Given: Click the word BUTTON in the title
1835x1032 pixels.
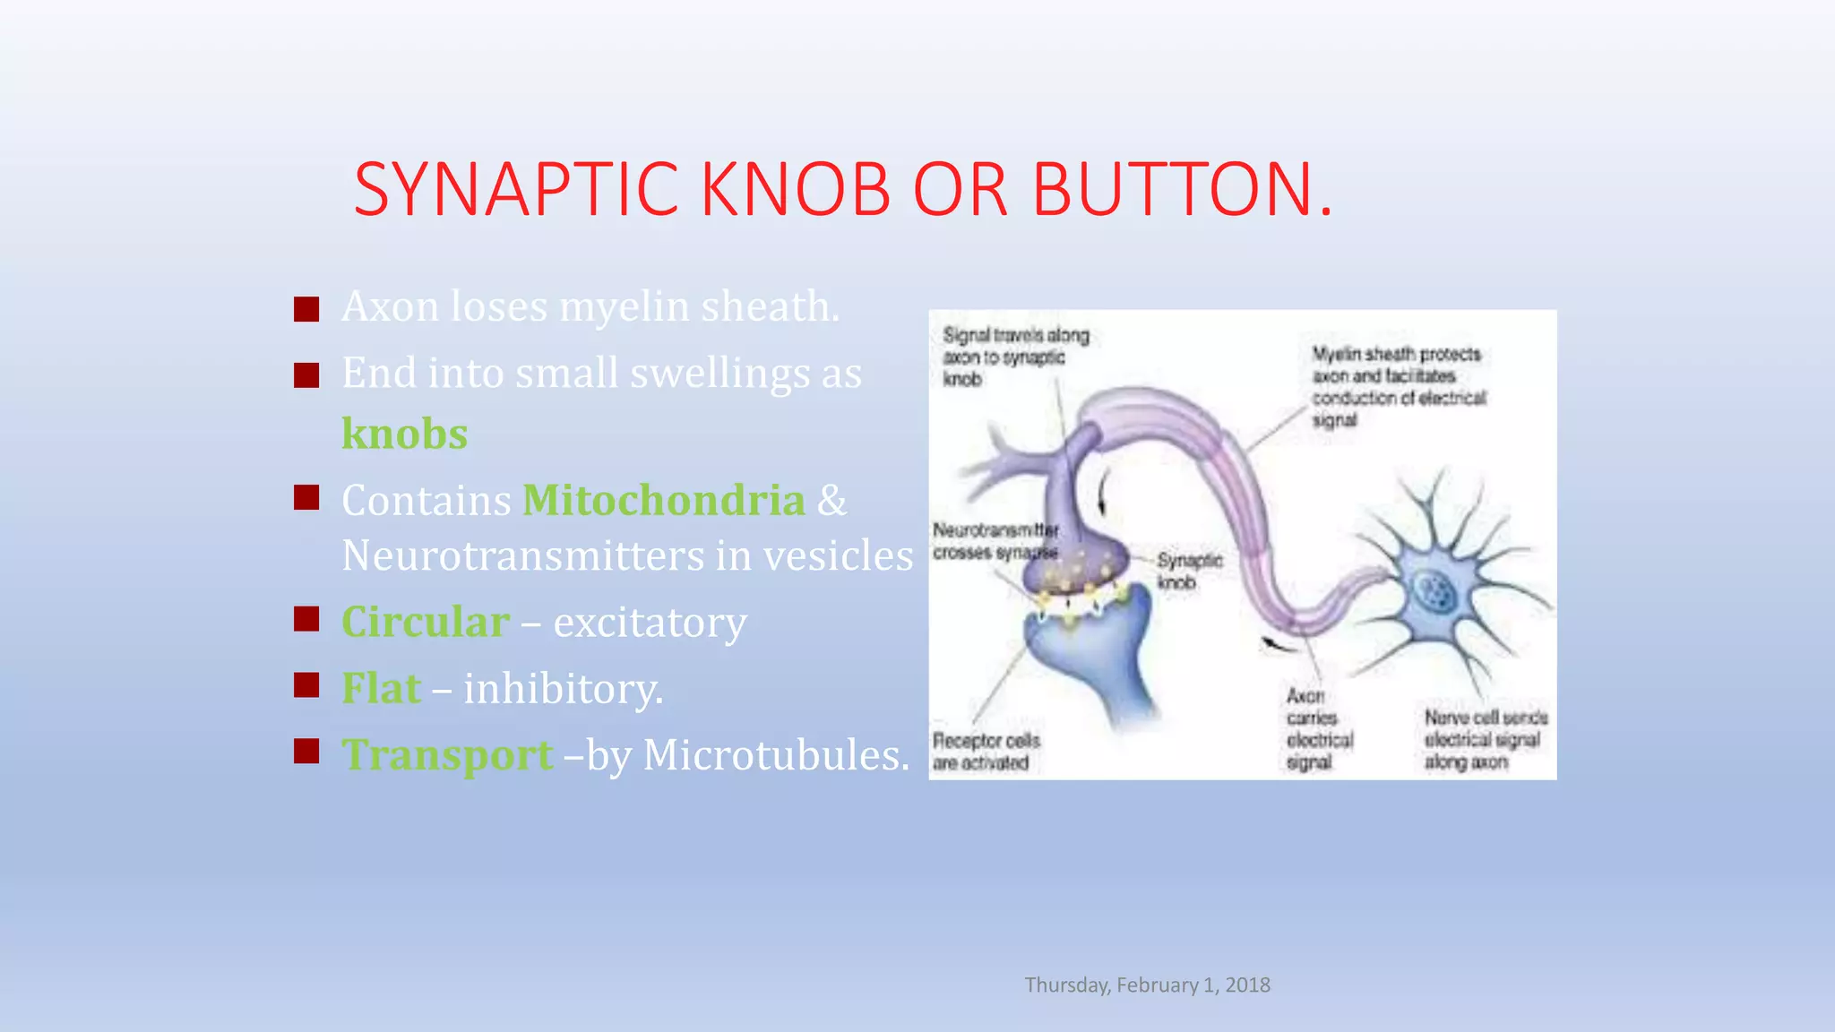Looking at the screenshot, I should point(1174,189).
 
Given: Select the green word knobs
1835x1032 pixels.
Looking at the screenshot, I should point(404,434).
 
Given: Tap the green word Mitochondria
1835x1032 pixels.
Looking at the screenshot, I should point(663,500).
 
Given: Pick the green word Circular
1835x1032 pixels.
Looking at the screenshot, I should point(426,622).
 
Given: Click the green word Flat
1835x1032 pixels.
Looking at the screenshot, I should point(381,688).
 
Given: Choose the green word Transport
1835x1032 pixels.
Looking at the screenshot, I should point(447,754).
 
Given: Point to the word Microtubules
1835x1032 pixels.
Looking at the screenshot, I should point(775,754).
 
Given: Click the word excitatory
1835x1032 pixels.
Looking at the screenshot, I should point(650,622).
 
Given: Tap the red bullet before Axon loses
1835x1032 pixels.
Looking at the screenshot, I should point(306,309).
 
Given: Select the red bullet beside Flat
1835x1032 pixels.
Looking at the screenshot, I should point(306,685).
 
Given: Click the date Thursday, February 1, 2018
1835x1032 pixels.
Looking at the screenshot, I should point(1147,985).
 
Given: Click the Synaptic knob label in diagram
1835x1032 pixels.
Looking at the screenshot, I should point(1188,571).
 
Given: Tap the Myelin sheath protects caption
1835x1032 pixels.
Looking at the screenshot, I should point(1398,386).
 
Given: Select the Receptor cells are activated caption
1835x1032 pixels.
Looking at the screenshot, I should point(986,751).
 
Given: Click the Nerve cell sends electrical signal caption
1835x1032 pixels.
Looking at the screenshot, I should point(1485,739).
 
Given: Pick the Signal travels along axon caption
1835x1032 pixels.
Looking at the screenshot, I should point(1014,357).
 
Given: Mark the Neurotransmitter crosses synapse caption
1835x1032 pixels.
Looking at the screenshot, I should point(995,541).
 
